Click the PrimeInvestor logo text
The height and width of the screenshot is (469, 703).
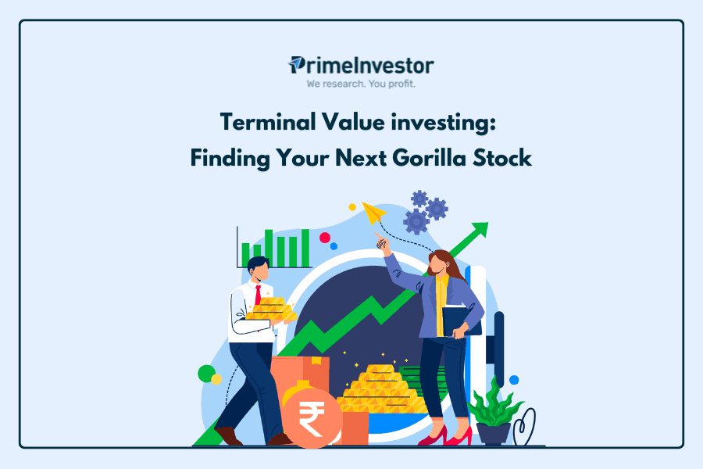362,66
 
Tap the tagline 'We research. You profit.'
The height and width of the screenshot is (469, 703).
361,84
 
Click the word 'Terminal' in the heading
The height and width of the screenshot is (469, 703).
267,122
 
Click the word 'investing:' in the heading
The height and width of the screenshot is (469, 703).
443,123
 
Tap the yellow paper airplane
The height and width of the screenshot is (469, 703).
373,213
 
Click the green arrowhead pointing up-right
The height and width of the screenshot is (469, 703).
480,229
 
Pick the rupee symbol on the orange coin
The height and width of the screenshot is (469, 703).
312,418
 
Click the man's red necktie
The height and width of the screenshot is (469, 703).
258,295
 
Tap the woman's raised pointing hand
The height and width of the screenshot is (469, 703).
381,242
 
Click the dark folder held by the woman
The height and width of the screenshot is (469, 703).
461,321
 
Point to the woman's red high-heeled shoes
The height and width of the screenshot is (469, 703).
444,436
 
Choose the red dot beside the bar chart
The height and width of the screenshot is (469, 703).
325,238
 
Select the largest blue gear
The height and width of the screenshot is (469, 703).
416,222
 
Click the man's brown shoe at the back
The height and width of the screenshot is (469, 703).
228,436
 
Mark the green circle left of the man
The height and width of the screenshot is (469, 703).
207,374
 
